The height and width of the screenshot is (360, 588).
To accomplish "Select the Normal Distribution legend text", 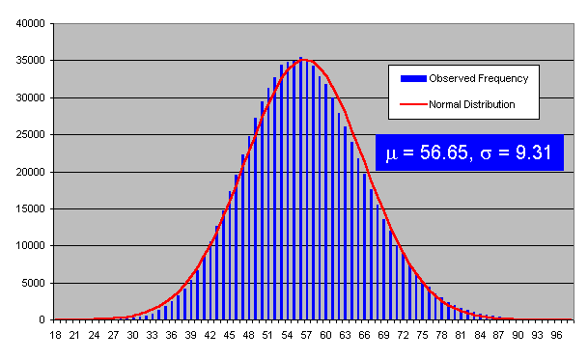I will click(472, 103).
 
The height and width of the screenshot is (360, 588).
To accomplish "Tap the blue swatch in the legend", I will click(407, 78).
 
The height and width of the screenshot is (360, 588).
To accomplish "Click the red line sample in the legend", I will click(407, 103).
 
